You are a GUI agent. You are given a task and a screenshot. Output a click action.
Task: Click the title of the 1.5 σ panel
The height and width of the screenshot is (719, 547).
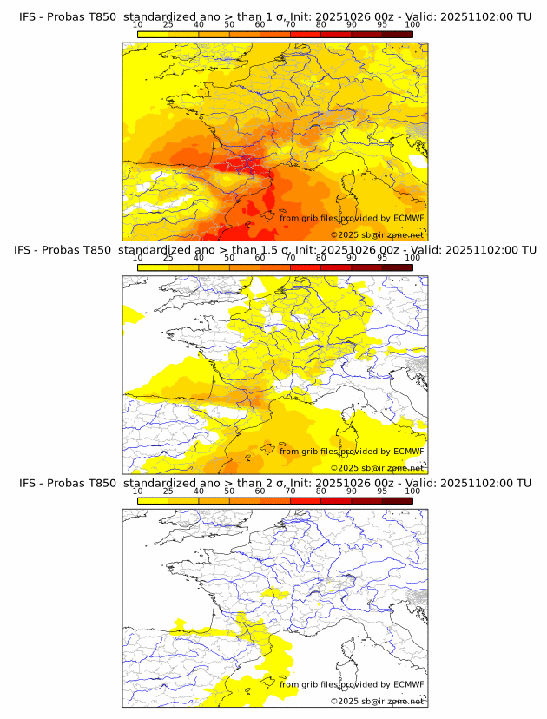274,250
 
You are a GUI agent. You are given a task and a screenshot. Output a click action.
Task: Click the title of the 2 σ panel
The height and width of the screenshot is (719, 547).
274,483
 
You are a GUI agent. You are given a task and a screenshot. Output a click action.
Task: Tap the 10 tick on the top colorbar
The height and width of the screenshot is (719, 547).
138,25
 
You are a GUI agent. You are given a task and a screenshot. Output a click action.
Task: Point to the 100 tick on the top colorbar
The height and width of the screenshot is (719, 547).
412,25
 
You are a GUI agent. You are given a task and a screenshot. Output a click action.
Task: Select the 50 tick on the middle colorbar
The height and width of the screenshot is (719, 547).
229,258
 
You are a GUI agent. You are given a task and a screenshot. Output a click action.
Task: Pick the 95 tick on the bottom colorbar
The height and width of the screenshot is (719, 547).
382,491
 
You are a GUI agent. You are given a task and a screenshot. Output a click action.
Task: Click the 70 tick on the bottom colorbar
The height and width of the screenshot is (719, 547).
291,491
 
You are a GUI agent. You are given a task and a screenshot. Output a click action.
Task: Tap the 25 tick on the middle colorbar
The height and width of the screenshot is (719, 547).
168,258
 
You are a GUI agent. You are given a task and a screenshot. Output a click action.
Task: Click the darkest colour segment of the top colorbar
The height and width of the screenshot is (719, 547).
397,34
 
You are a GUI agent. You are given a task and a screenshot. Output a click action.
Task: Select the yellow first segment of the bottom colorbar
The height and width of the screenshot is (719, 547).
153,500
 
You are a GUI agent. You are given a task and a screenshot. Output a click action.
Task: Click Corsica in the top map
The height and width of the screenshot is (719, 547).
348,187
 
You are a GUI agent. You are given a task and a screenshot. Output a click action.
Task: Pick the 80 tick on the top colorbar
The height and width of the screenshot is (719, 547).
321,25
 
